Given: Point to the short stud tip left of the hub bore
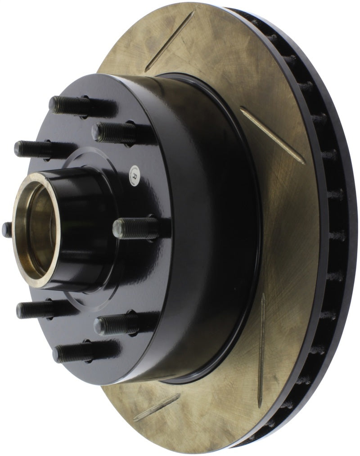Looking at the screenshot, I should (x=7, y=229).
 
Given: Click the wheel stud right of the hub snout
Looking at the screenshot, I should (x=135, y=228).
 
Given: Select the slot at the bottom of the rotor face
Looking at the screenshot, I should (x=157, y=407).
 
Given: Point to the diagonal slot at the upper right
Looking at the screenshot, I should (x=272, y=135).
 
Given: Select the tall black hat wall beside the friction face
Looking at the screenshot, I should (x=211, y=225).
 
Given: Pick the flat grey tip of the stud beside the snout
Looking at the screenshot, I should (x=117, y=229).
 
